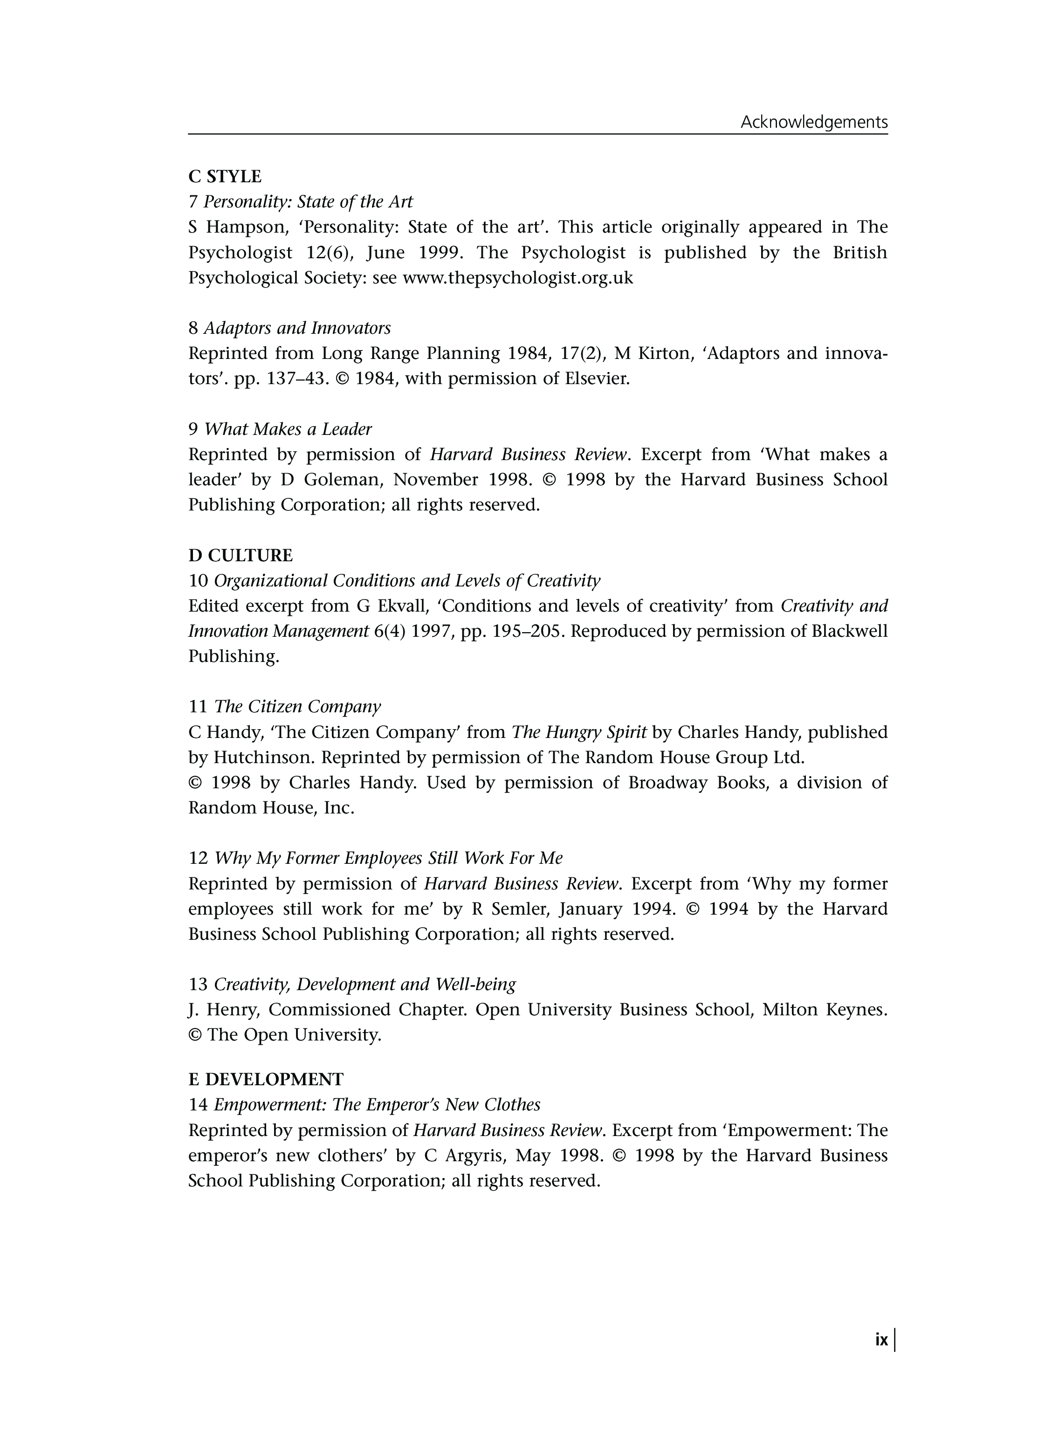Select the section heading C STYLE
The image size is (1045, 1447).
(225, 176)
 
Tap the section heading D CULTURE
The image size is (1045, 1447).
(241, 555)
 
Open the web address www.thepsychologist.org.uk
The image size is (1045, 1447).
(517, 278)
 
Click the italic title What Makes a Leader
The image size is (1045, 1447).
(288, 429)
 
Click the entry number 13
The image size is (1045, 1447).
(199, 985)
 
